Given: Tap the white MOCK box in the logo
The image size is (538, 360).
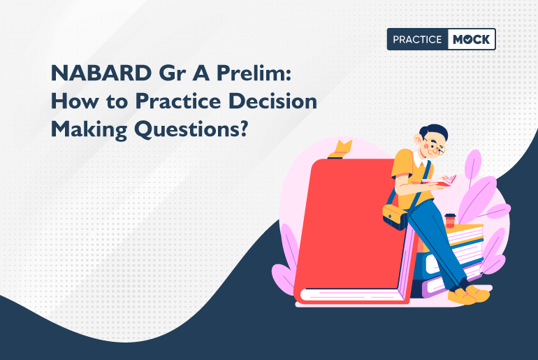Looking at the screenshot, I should pos(472,40).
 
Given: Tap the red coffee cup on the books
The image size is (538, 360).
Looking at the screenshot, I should pos(450,222).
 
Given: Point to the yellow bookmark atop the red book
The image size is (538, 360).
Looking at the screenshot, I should pos(343,149).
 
